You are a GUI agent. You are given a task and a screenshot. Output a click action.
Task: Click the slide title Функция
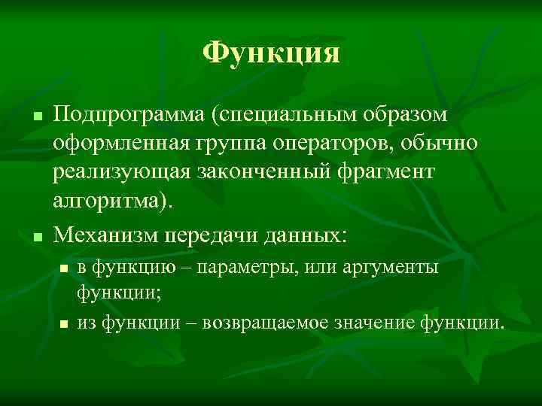pyautogui.click(x=271, y=53)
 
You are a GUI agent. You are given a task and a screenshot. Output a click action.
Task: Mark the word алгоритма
pyautogui.click(x=110, y=201)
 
